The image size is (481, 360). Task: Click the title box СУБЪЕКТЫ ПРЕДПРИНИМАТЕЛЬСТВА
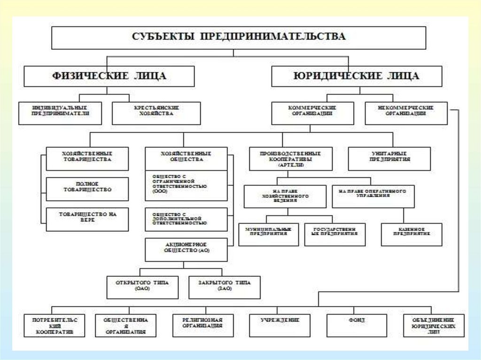click(239, 38)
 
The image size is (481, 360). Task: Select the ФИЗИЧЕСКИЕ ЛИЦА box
click(109, 76)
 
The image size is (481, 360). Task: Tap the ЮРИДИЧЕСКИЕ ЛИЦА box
click(357, 76)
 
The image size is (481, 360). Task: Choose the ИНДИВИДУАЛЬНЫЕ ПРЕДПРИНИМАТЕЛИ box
click(60, 113)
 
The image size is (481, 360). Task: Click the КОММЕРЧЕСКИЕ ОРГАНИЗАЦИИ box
click(312, 113)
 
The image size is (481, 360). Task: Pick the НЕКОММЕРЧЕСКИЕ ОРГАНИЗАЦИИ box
click(405, 113)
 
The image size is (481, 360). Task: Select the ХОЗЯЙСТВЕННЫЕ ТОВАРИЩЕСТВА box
click(87, 159)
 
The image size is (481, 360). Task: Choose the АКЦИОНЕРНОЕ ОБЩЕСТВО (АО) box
click(186, 249)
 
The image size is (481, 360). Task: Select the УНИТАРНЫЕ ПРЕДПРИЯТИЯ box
click(389, 159)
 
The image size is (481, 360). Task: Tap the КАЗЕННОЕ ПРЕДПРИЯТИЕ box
click(411, 234)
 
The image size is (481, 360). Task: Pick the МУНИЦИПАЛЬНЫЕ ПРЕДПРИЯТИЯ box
click(269, 234)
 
